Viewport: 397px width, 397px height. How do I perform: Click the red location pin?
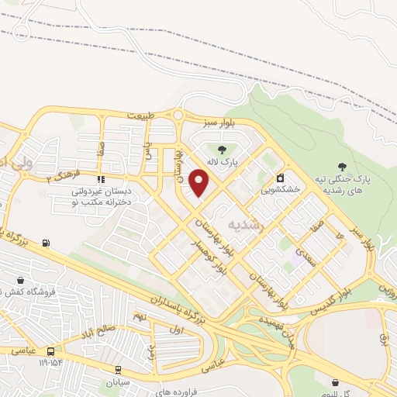[199, 183]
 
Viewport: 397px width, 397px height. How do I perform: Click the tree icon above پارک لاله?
[223, 150]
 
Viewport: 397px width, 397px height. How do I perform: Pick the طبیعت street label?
[139, 116]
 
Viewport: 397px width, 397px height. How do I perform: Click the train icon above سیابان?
[118, 371]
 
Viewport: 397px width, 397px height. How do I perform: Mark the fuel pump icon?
[47, 243]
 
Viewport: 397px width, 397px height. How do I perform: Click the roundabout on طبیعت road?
[178, 116]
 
